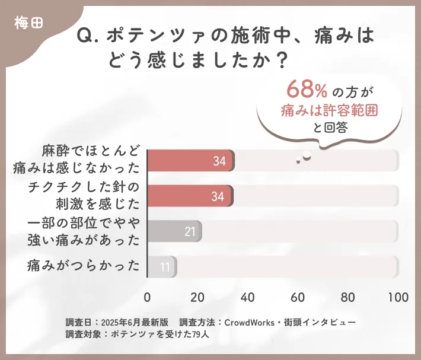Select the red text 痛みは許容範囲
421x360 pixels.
coord(330,110)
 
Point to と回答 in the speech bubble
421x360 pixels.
coord(330,126)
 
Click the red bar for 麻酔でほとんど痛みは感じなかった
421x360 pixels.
coord(190,161)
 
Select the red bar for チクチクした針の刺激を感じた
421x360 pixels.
coord(190,196)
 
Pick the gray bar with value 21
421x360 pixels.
coord(174,231)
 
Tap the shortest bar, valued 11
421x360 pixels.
coord(161,267)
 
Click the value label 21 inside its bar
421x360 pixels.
coord(190,231)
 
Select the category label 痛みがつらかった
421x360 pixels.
coord(84,266)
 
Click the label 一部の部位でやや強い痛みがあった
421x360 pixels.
coord(84,231)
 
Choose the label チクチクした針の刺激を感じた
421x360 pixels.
coord(84,196)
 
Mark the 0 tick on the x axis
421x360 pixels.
coord(148,297)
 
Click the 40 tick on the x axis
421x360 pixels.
coord(248,297)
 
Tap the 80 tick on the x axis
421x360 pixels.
coord(348,297)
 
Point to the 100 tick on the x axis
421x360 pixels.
coord(397,297)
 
